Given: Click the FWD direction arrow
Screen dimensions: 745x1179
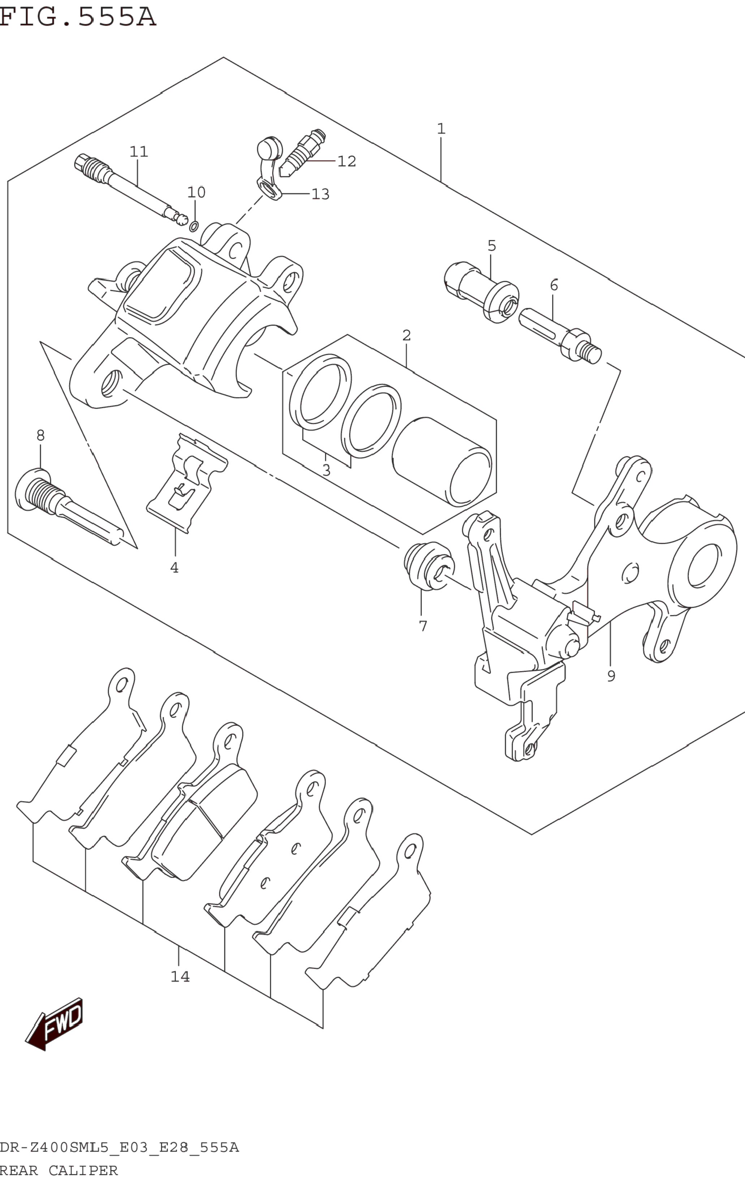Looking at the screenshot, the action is (54, 1024).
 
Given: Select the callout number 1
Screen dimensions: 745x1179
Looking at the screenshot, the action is (441, 129).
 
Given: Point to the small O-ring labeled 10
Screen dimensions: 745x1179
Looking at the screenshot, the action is (194, 226).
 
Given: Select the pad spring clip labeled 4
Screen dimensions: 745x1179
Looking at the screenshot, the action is (187, 482).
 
